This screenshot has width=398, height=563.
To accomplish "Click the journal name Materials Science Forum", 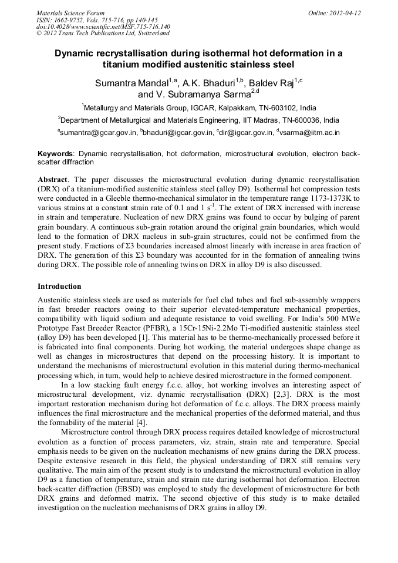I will [70, 13].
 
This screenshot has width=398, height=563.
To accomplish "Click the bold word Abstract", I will [52, 178].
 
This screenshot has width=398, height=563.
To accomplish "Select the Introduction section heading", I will [59, 286].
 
